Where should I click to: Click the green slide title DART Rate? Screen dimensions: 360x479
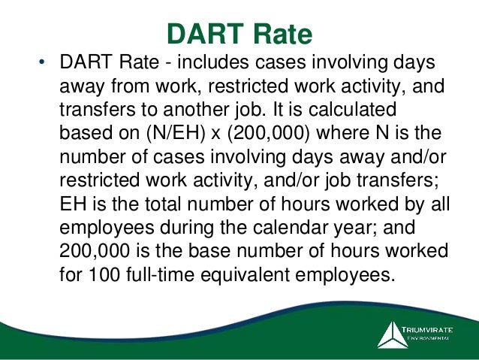[x=238, y=33]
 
